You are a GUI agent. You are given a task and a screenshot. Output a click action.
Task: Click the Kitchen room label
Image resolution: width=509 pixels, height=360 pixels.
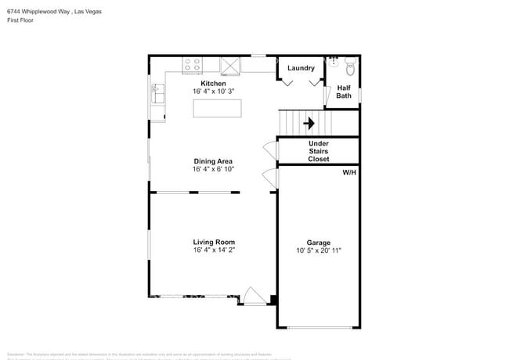213,84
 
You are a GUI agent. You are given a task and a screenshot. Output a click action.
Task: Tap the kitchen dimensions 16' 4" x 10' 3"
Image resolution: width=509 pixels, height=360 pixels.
213,92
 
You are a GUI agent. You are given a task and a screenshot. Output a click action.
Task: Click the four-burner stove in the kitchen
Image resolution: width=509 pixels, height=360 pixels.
192,65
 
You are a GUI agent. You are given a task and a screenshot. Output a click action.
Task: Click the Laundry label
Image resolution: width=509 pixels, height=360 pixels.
301,68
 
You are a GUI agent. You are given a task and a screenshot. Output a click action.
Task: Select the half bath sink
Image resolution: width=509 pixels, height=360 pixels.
333,59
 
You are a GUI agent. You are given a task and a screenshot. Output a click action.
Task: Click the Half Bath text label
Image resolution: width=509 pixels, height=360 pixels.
344,92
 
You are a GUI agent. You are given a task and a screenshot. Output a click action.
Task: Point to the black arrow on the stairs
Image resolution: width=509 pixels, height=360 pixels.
309,123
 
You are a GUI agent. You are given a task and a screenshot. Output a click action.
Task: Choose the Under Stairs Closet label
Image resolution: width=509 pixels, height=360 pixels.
319,151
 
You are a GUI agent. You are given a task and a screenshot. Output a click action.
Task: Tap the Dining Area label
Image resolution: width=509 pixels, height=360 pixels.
213,161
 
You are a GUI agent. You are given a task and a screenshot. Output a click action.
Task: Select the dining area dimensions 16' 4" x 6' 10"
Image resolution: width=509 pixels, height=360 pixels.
213,170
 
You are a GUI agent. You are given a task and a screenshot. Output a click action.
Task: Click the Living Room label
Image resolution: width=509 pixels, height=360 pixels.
214,242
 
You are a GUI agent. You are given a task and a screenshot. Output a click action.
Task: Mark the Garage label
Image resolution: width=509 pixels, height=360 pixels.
318,243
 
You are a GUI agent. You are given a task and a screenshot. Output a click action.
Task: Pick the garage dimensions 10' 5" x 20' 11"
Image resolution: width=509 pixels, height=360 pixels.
318,250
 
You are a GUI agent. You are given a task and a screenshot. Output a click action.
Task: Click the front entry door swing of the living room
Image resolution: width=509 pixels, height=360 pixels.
254,296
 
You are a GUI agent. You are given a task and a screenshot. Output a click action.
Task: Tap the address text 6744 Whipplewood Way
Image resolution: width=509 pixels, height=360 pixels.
37,12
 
